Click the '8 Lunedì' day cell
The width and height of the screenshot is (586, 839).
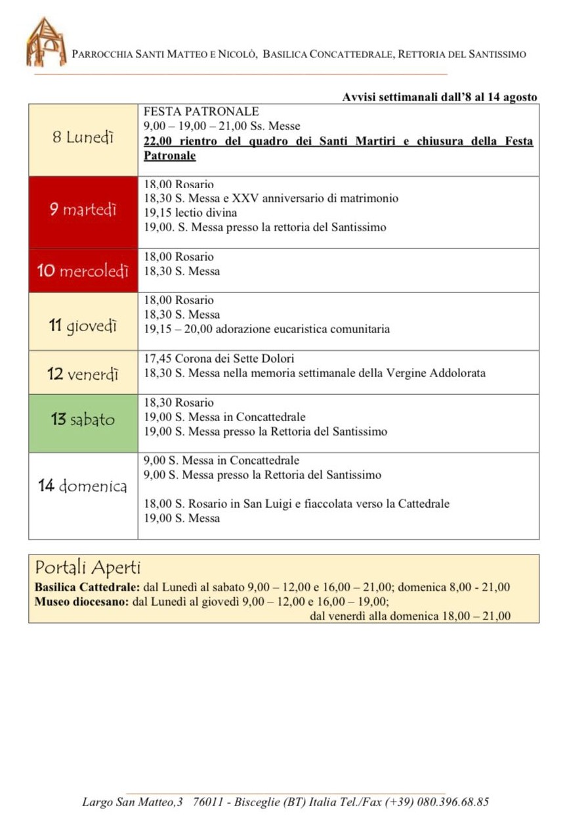[83, 138]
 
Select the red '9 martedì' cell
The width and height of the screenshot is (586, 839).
[83, 210]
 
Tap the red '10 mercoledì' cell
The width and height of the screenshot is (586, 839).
[83, 271]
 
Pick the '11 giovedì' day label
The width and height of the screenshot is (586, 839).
[83, 324]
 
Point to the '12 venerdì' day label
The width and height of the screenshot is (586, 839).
[83, 374]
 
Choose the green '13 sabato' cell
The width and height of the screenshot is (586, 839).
[83, 419]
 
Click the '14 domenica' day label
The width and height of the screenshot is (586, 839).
[83, 486]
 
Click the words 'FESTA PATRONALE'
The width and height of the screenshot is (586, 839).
[201, 112]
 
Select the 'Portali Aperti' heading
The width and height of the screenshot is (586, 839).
[88, 567]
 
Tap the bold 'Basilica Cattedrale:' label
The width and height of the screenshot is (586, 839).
[88, 587]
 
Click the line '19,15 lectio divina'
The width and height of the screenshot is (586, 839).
[190, 213]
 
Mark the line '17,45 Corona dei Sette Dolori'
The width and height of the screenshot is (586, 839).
[219, 359]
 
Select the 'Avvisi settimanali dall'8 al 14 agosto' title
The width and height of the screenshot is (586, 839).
[439, 97]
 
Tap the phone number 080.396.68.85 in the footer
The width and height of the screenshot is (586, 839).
[452, 802]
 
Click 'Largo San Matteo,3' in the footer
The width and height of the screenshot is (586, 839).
[133, 802]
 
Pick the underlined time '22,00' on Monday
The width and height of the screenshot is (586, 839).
[157, 141]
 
